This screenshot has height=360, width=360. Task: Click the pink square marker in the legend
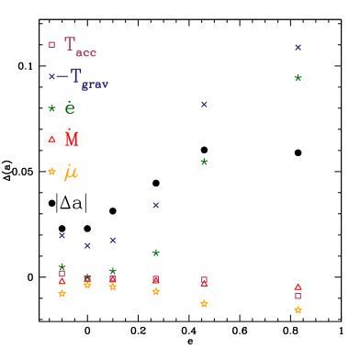51,44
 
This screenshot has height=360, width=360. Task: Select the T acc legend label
80,47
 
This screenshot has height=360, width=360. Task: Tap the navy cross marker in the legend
51,76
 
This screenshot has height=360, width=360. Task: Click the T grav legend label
88,79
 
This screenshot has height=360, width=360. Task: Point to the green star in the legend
51,108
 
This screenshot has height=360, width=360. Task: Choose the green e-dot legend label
70,108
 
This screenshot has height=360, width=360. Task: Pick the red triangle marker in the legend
51,140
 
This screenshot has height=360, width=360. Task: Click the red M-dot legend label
72,139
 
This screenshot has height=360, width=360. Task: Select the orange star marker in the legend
51,172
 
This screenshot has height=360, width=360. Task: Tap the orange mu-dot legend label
71,172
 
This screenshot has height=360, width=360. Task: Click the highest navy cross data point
298,47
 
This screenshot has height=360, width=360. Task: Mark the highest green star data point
298,78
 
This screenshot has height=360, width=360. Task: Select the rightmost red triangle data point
298,287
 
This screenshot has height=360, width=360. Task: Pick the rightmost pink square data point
298,296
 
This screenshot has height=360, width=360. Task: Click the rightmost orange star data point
298,310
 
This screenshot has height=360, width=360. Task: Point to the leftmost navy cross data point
62,235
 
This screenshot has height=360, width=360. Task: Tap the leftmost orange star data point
62,294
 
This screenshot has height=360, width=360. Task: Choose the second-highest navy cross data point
204,104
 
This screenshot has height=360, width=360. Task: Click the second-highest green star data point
204,162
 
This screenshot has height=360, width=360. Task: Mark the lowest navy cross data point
87,245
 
